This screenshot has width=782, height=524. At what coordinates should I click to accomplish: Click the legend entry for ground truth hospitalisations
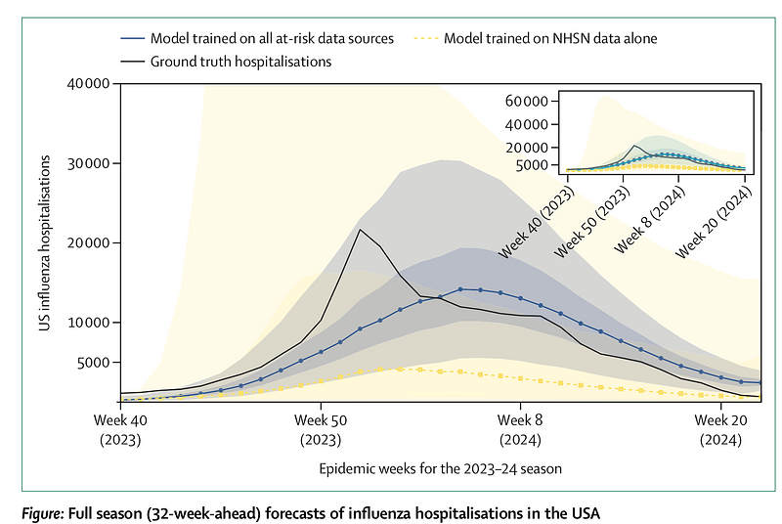pyautogui.click(x=226, y=62)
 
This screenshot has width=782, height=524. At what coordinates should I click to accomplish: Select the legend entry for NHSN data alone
pyautogui.click(x=535, y=38)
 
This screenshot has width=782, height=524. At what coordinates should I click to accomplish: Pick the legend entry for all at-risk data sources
pyautogui.click(x=257, y=38)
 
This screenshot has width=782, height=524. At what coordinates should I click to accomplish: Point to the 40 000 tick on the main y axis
pyautogui.click(x=89, y=83)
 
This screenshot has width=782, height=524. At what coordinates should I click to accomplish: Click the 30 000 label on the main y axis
pyautogui.click(x=89, y=163)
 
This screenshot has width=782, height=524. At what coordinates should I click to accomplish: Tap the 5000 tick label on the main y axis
pyautogui.click(x=93, y=363)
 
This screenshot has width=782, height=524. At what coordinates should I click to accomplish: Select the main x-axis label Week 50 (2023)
pyautogui.click(x=321, y=430)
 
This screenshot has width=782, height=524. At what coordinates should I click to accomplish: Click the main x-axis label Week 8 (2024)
pyautogui.click(x=520, y=430)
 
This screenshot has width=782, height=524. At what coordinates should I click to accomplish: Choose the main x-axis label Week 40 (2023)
pyautogui.click(x=120, y=430)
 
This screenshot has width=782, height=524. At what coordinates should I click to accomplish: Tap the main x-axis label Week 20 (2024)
pyautogui.click(x=720, y=430)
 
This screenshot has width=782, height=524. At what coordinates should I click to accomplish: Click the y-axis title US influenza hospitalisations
pyautogui.click(x=45, y=242)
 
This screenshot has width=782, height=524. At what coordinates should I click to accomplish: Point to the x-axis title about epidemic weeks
pyautogui.click(x=441, y=468)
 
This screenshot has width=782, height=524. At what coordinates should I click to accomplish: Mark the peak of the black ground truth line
pyautogui.click(x=360, y=230)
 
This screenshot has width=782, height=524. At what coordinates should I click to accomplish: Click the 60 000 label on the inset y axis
pyautogui.click(x=526, y=102)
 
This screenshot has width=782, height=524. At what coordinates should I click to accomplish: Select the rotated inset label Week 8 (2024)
pyautogui.click(x=650, y=220)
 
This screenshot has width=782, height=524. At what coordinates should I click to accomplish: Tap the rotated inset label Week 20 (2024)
pyautogui.click(x=714, y=222)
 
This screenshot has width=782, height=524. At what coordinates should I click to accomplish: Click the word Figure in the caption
pyautogui.click(x=41, y=513)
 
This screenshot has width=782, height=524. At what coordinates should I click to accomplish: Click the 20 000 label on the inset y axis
pyautogui.click(x=526, y=148)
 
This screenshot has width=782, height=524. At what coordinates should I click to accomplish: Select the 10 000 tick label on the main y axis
pyautogui.click(x=89, y=323)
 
